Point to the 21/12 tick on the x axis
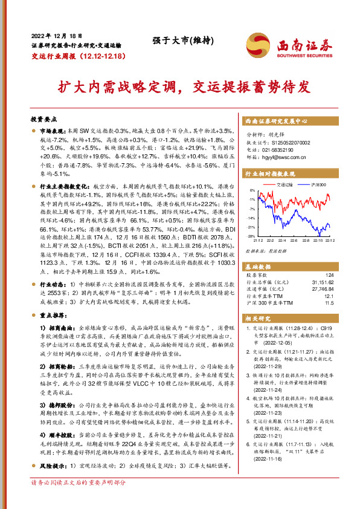pos(258,241)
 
